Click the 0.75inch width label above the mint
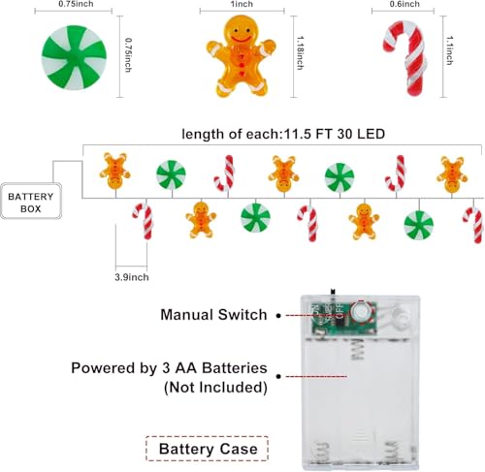pos(76,4)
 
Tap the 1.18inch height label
pos(300,52)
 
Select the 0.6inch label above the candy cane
pos(404,4)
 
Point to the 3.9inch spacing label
pos(132,277)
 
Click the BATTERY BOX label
pos(31,203)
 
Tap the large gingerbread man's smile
pos(241,39)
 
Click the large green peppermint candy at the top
pos(74,57)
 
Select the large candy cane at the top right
pos(405,57)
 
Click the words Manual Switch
pos(213,315)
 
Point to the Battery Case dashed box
pos(207,449)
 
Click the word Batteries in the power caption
pos(235,368)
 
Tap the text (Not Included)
pos(215,388)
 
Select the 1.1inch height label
pos(449,50)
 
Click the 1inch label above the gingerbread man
pos(242,4)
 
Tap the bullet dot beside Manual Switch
pos(278,315)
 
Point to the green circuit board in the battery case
pos(344,318)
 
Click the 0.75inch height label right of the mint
pos(128,55)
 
